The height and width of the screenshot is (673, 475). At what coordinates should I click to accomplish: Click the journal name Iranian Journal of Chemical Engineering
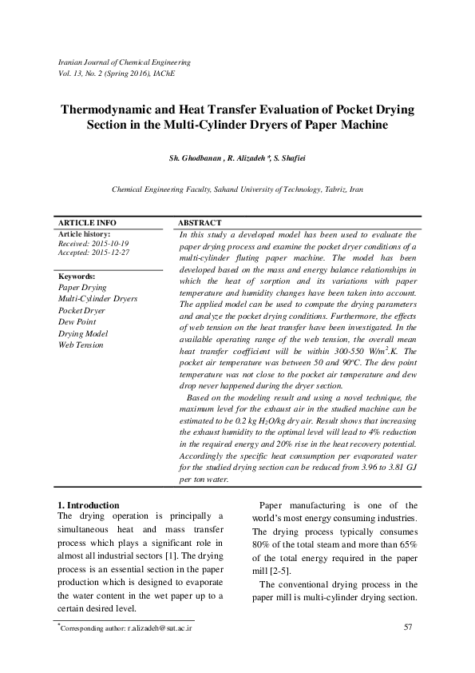pyautogui.click(x=125, y=62)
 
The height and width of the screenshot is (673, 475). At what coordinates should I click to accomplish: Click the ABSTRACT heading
pyautogui.click(x=200, y=222)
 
